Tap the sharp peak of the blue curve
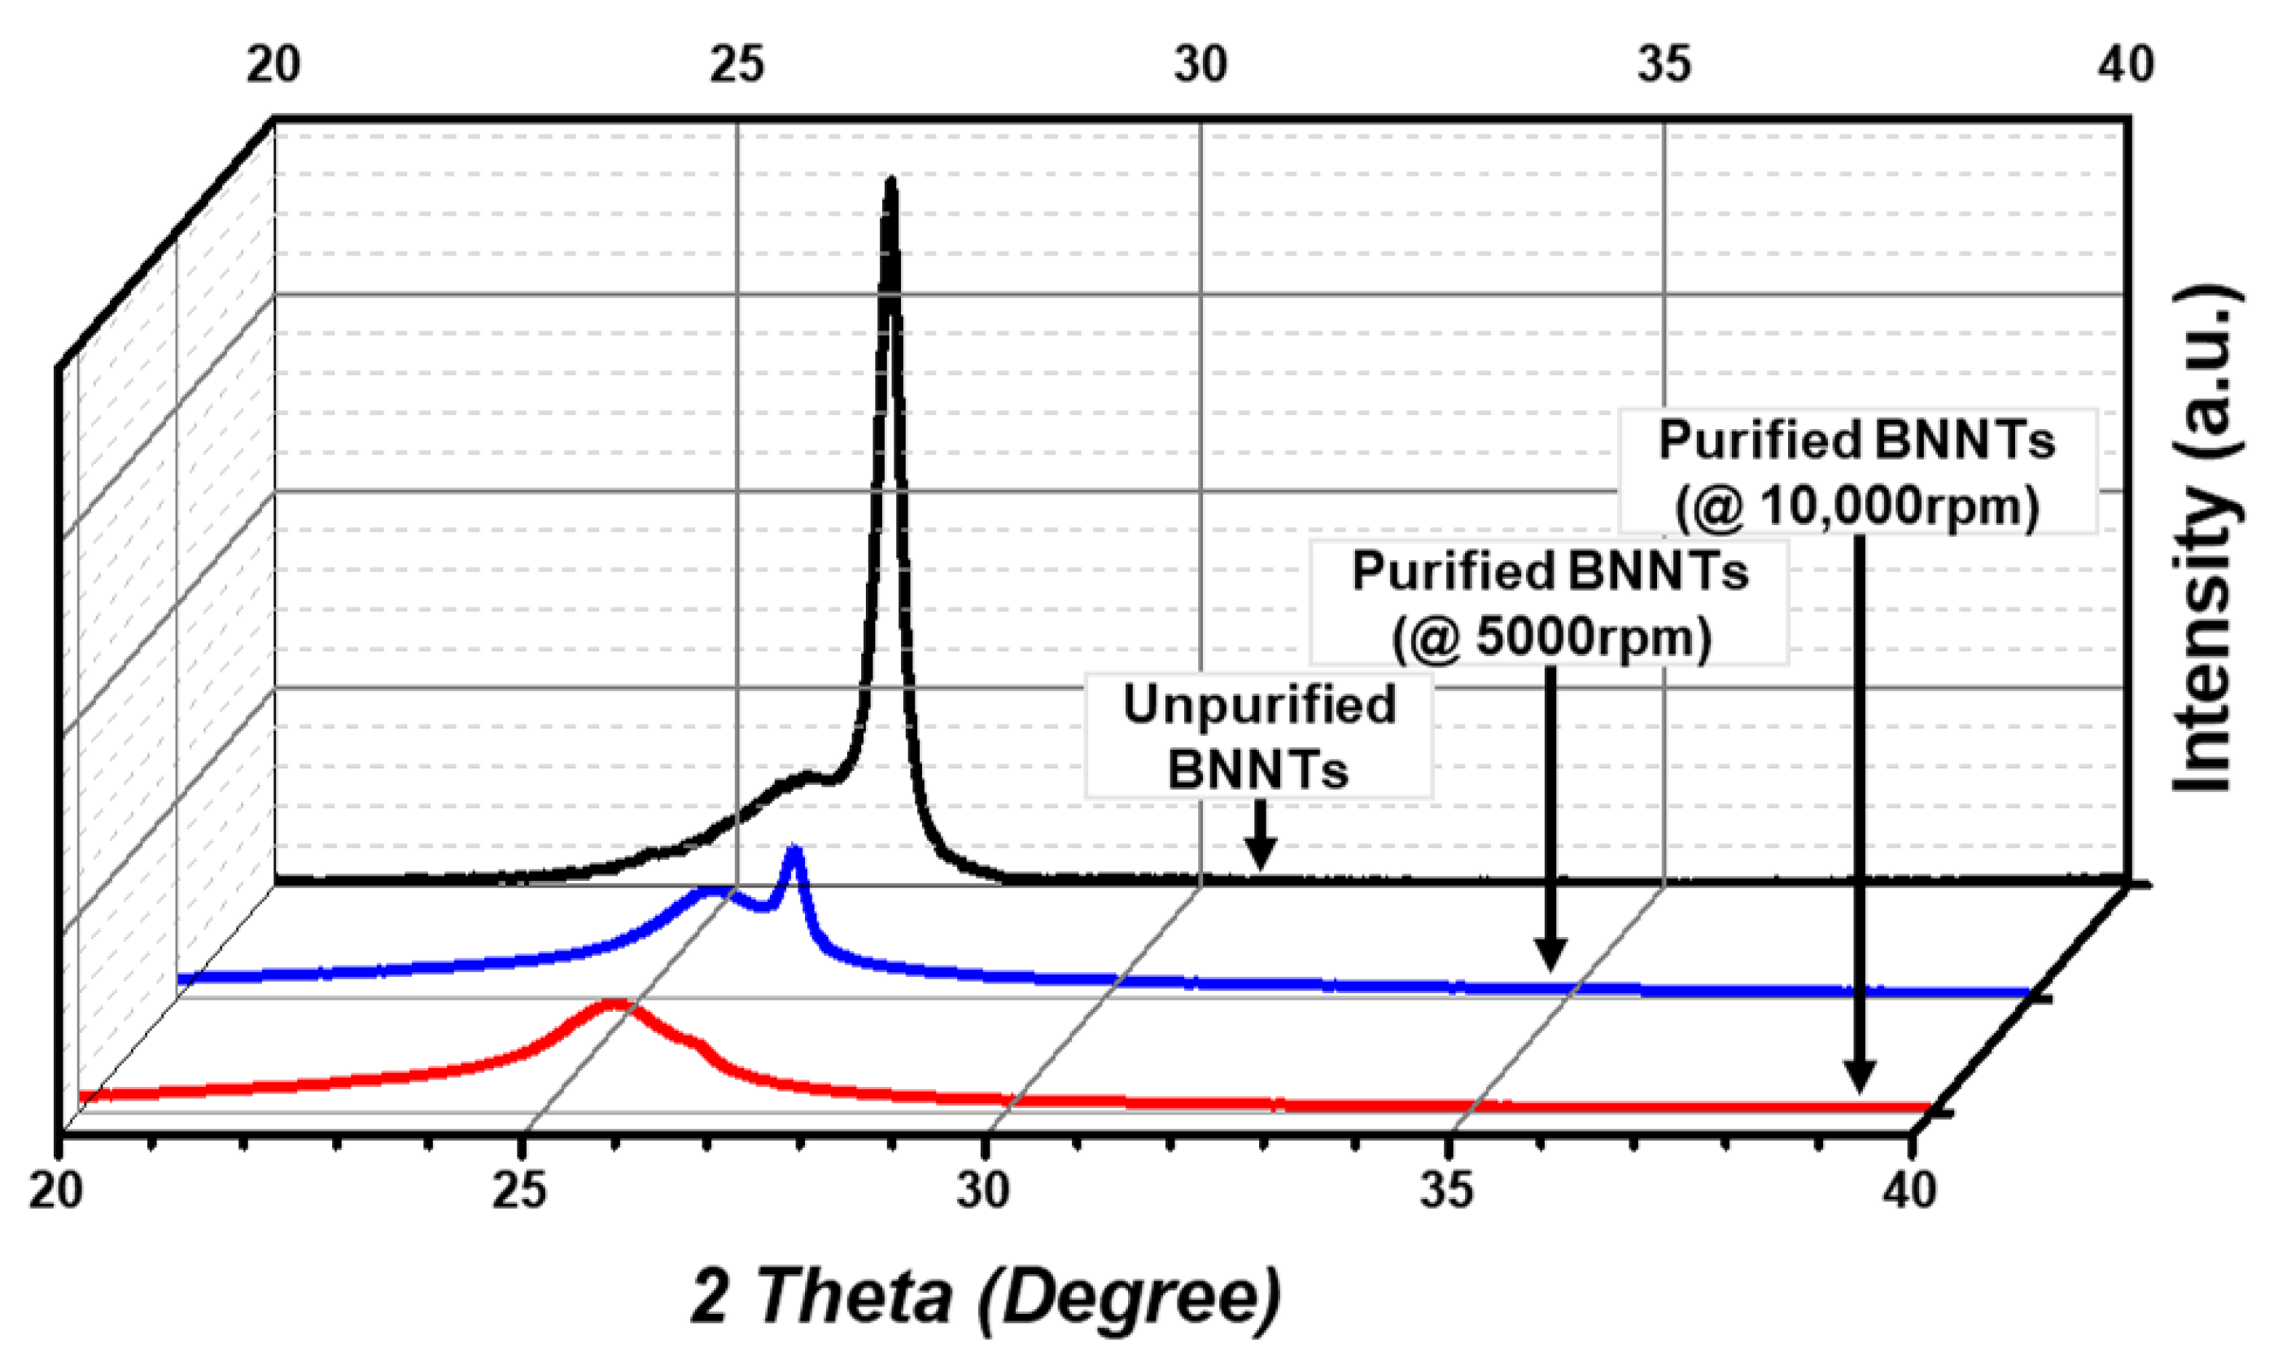[x=794, y=852]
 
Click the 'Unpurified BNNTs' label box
[x=1259, y=736]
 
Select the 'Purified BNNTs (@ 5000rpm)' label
[x=1549, y=603]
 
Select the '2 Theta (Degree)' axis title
[x=986, y=1297]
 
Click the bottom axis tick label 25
[x=519, y=1190]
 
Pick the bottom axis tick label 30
[x=982, y=1190]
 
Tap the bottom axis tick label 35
[x=1447, y=1190]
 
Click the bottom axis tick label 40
[x=1909, y=1190]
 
